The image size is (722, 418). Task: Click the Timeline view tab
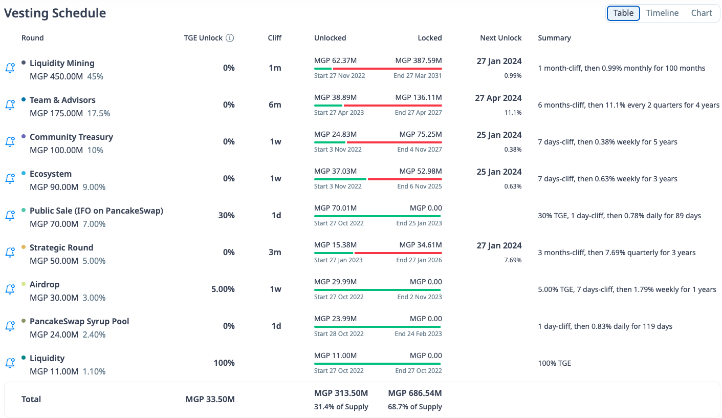tap(662, 13)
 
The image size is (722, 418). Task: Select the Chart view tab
tap(702, 13)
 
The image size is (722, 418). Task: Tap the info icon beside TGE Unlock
tap(230, 38)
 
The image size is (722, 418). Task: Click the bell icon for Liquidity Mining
tap(10, 68)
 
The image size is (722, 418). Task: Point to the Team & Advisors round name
tap(62, 100)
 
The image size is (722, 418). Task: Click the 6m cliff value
tap(275, 105)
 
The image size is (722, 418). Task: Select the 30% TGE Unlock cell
tap(226, 216)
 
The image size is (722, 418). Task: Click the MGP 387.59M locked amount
tap(418, 61)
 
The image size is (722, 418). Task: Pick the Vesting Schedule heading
tap(55, 13)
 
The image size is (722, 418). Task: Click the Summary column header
tap(554, 38)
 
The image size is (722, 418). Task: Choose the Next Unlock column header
tap(500, 38)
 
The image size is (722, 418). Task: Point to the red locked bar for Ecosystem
tap(404, 179)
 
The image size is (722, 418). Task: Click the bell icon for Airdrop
tap(10, 289)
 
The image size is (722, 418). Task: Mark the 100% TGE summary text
tap(554, 363)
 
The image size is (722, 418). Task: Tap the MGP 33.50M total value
tap(210, 400)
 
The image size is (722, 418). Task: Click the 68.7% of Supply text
tap(415, 407)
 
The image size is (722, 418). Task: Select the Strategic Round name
tap(61, 248)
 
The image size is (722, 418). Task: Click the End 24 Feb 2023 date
tap(418, 334)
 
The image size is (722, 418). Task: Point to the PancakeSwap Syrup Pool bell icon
tap(10, 326)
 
